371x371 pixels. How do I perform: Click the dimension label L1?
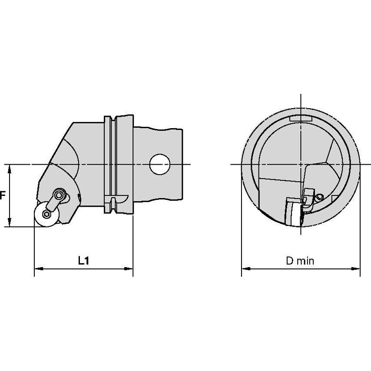83,261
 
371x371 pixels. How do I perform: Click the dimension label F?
2,195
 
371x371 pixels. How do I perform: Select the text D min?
300,261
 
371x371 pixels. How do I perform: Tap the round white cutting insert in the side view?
46,214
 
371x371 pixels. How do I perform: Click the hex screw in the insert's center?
46,214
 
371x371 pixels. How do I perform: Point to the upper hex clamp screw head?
59,195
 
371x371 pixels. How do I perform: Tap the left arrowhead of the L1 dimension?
39,268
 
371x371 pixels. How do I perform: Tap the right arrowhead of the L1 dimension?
129,268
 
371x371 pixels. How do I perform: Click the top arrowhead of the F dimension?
10,169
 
